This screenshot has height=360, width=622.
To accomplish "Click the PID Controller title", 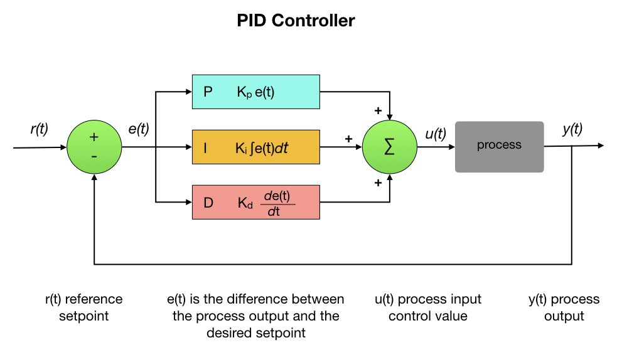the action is pyautogui.click(x=296, y=21).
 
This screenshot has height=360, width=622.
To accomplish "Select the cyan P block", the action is pyautogui.click(x=256, y=92).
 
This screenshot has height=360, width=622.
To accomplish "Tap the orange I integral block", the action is pyautogui.click(x=256, y=147).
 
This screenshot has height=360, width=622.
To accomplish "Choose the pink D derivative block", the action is pyautogui.click(x=256, y=202).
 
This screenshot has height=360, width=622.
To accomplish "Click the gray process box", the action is pyautogui.click(x=500, y=147).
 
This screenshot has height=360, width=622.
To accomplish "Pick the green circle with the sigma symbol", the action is pyautogui.click(x=390, y=147).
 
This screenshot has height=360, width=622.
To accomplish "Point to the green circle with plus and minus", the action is pyautogui.click(x=94, y=147).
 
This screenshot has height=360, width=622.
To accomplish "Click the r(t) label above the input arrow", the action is pyautogui.click(x=40, y=129).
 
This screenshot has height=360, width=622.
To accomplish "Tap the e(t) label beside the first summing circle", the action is pyautogui.click(x=139, y=129).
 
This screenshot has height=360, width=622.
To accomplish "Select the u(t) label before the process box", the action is pyautogui.click(x=436, y=134).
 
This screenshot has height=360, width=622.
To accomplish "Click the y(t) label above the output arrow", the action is pyautogui.click(x=572, y=129).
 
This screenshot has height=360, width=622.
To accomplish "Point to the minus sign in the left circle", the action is pyautogui.click(x=94, y=157).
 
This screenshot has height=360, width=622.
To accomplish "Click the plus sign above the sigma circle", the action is pyautogui.click(x=378, y=110).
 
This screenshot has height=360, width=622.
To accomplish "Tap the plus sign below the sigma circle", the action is pyautogui.click(x=378, y=183).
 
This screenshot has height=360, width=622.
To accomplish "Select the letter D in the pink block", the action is pyautogui.click(x=208, y=203).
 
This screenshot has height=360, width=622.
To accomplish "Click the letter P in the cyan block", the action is pyautogui.click(x=208, y=92).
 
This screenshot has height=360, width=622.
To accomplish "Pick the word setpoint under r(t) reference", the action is pyautogui.click(x=83, y=316).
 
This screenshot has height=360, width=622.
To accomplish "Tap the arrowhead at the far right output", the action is pyautogui.click(x=601, y=146).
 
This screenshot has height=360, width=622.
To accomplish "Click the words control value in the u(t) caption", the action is pyautogui.click(x=428, y=316).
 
